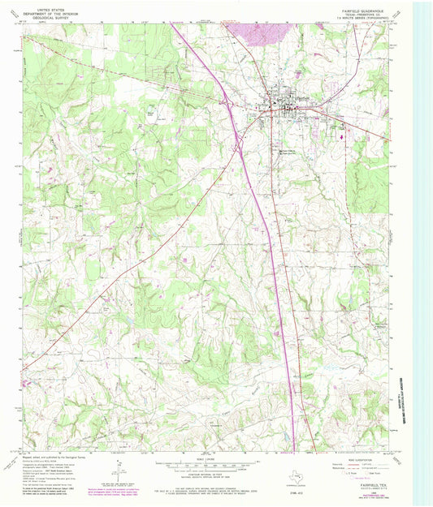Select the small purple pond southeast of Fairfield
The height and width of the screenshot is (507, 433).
tap(342, 135)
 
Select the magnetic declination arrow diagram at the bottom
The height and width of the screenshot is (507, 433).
tap(120, 470)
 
